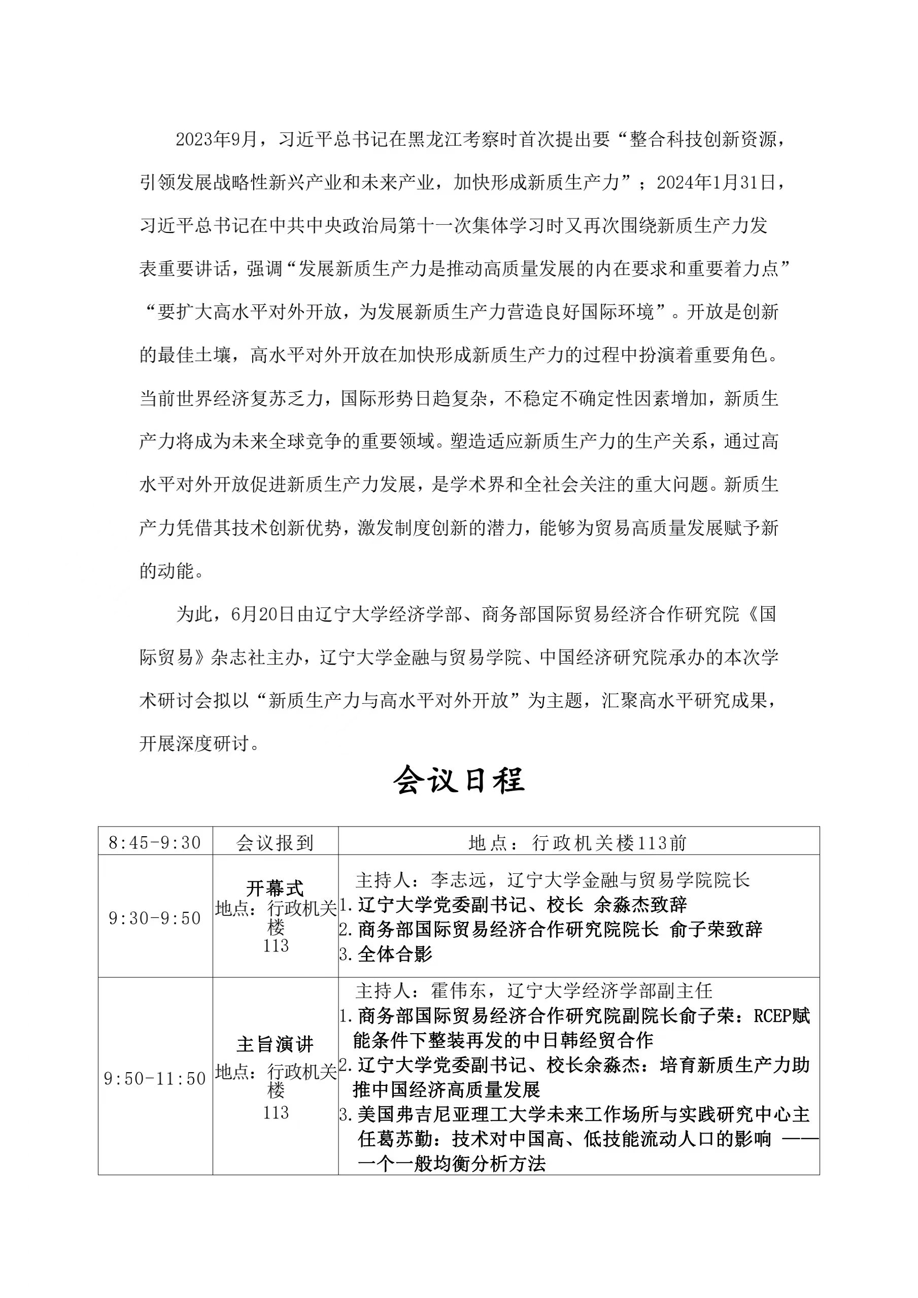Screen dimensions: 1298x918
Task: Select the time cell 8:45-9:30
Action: (x=155, y=843)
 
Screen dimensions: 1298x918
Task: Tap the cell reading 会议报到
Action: (x=275, y=843)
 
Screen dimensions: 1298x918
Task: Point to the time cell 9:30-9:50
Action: (x=155, y=918)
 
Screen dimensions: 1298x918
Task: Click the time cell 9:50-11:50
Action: (x=155, y=1079)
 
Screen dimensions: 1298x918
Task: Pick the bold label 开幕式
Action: (x=275, y=888)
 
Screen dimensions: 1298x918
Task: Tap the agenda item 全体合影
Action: (x=395, y=954)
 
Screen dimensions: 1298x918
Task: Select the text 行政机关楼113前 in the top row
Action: (x=609, y=843)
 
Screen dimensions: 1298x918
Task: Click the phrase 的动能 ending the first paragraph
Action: (x=167, y=571)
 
